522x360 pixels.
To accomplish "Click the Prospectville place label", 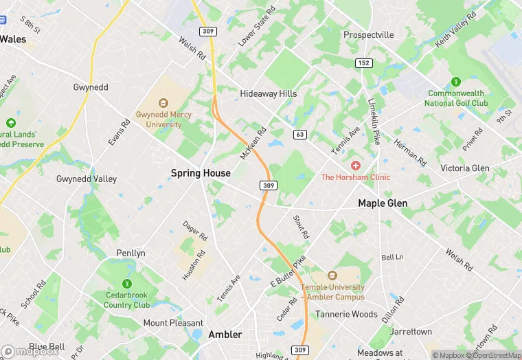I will [369, 34].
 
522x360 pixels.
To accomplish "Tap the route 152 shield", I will [364, 63].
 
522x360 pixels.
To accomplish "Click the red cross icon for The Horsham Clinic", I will [355, 166].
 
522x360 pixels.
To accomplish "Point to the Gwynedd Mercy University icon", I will [163, 103].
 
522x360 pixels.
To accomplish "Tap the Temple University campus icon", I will [332, 276].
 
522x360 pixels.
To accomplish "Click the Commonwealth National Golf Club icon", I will [455, 82].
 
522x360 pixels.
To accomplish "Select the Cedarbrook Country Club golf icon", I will [126, 284].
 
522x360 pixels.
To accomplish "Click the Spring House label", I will [201, 173].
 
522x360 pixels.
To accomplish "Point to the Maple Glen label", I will [383, 203].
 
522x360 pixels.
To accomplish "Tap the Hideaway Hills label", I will [269, 93].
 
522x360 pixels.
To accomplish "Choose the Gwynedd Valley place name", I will [87, 179].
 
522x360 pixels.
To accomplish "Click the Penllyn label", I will [130, 253].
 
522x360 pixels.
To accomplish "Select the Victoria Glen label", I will [465, 168].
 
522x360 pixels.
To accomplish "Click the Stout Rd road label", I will [301, 227].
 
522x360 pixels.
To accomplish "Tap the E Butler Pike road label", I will [288, 272].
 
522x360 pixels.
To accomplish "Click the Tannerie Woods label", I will [346, 314].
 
